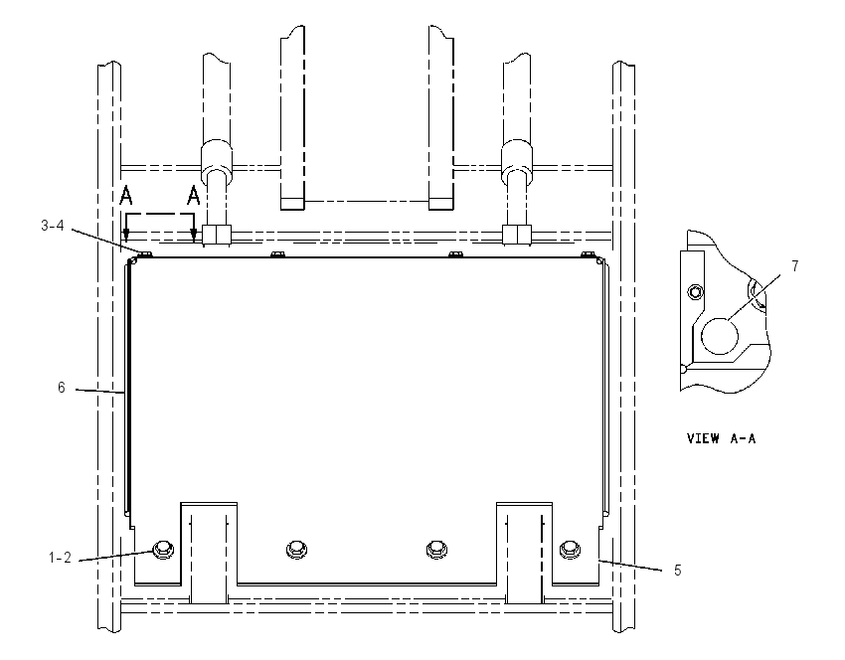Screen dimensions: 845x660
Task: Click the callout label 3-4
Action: pyautogui.click(x=53, y=226)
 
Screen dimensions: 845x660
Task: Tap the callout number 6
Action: pyautogui.click(x=62, y=388)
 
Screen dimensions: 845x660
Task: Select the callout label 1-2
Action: pyautogui.click(x=60, y=558)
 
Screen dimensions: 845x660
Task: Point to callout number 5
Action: pyautogui.click(x=678, y=570)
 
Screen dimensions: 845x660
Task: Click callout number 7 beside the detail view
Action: pyautogui.click(x=795, y=266)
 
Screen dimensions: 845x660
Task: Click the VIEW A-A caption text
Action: pyautogui.click(x=721, y=438)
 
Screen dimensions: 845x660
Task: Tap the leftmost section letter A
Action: pyautogui.click(x=125, y=196)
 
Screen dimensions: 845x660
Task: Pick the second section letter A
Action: pyautogui.click(x=194, y=196)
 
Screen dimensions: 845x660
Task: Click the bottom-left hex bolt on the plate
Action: pyautogui.click(x=162, y=549)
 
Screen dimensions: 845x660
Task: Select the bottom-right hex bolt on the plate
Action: pyautogui.click(x=570, y=549)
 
